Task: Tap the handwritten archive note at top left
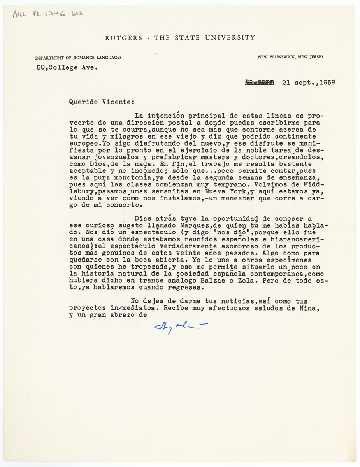(47, 14)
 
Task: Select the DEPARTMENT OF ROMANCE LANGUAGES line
(78, 58)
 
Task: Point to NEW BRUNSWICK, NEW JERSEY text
(290, 57)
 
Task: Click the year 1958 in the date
(326, 83)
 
